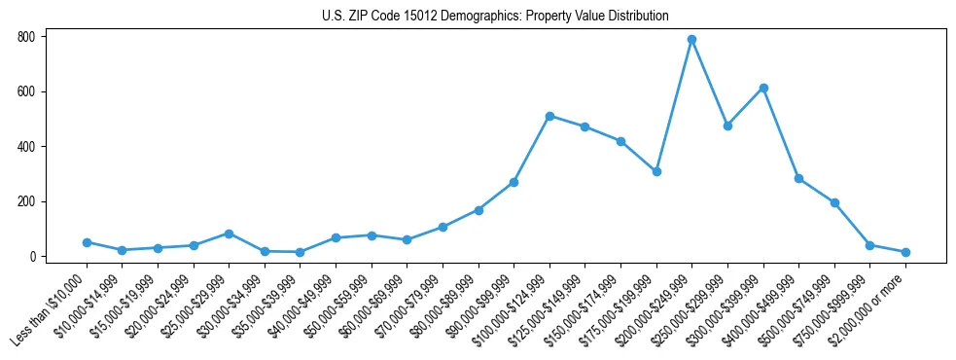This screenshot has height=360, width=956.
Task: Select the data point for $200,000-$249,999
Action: click(691, 40)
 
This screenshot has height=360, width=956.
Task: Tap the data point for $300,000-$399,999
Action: click(763, 88)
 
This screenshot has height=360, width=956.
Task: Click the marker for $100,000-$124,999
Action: click(549, 116)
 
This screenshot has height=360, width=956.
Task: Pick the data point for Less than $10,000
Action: click(87, 242)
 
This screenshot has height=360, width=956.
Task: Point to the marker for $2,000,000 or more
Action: click(905, 252)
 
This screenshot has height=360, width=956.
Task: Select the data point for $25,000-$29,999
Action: click(229, 234)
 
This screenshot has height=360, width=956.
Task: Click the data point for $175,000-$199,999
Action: click(656, 171)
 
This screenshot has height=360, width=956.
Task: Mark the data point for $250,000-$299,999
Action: click(727, 126)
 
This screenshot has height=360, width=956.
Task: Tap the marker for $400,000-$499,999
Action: click(798, 178)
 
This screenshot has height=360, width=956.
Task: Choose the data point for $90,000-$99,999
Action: click(513, 182)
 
